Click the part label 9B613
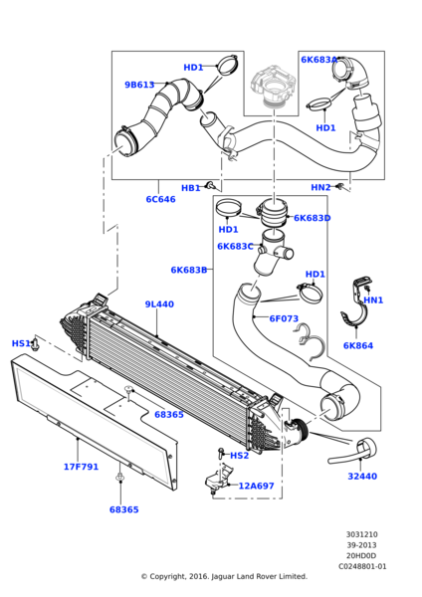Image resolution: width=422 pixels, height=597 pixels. pyautogui.click(x=139, y=85)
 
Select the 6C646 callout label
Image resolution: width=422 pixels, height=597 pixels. pyautogui.click(x=160, y=199)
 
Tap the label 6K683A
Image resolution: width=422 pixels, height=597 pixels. pyautogui.click(x=319, y=60)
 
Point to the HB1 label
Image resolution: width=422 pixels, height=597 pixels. pyautogui.click(x=191, y=188)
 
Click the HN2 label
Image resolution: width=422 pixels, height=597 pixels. pyautogui.click(x=321, y=187)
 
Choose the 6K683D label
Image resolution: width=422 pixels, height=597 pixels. pyautogui.click(x=312, y=218)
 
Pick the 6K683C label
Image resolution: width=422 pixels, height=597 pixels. pyautogui.click(x=235, y=247)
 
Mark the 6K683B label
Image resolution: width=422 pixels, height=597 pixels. pyautogui.click(x=189, y=270)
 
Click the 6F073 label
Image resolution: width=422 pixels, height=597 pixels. pyautogui.click(x=284, y=318)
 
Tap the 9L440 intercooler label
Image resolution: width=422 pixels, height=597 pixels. pyautogui.click(x=159, y=304)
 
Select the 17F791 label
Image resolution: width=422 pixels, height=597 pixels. pyautogui.click(x=81, y=467)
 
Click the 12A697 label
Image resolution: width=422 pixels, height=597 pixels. pyautogui.click(x=257, y=486)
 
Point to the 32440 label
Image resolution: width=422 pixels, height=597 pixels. pyautogui.click(x=362, y=476)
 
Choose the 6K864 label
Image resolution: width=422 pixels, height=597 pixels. pyautogui.click(x=358, y=345)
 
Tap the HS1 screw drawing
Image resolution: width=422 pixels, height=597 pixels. pyautogui.click(x=35, y=343)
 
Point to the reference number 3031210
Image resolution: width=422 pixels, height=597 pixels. pyautogui.click(x=362, y=534)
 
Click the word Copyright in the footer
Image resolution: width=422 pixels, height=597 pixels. pyautogui.click(x=167, y=576)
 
